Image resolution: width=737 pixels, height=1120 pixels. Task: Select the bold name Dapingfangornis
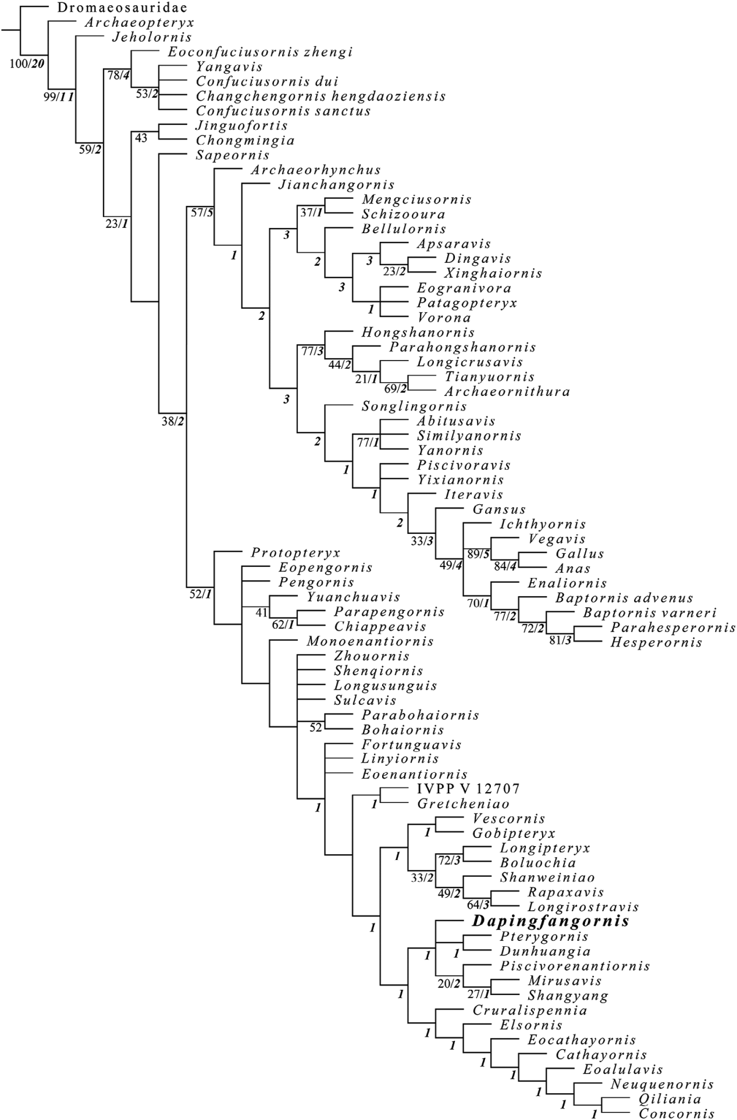point(551,921)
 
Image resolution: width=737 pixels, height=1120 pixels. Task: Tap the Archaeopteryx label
point(138,23)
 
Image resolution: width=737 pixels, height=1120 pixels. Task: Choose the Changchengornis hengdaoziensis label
point(321,97)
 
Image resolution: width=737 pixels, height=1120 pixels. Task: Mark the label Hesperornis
point(656,643)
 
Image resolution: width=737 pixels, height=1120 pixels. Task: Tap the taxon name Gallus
point(579,554)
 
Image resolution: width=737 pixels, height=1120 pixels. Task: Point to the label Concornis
point(677,1114)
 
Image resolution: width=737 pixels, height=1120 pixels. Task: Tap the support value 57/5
point(202,213)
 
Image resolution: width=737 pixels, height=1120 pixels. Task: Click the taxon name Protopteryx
point(295,552)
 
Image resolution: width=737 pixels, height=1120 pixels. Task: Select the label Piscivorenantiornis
point(574,966)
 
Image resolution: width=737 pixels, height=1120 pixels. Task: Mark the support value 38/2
point(173,422)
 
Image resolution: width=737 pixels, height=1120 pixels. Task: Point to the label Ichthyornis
point(543,525)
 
